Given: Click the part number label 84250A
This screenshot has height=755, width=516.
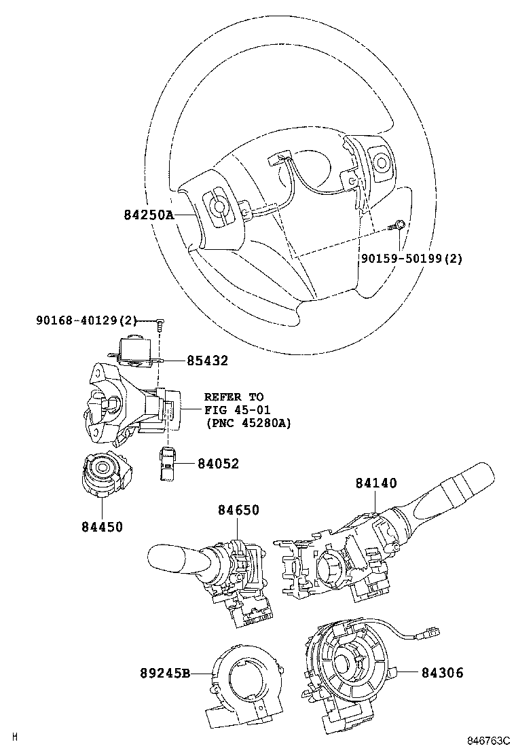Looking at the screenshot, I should tap(149, 215).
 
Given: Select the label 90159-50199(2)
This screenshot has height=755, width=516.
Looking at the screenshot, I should tap(411, 259).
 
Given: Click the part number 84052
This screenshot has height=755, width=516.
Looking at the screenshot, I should tap(218, 464).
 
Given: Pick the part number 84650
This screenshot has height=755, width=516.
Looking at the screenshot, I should tap(238, 510).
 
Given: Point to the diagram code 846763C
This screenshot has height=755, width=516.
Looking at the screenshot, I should tap(487, 743).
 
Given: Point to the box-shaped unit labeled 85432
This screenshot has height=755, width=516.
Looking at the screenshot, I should tap(136, 353).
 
